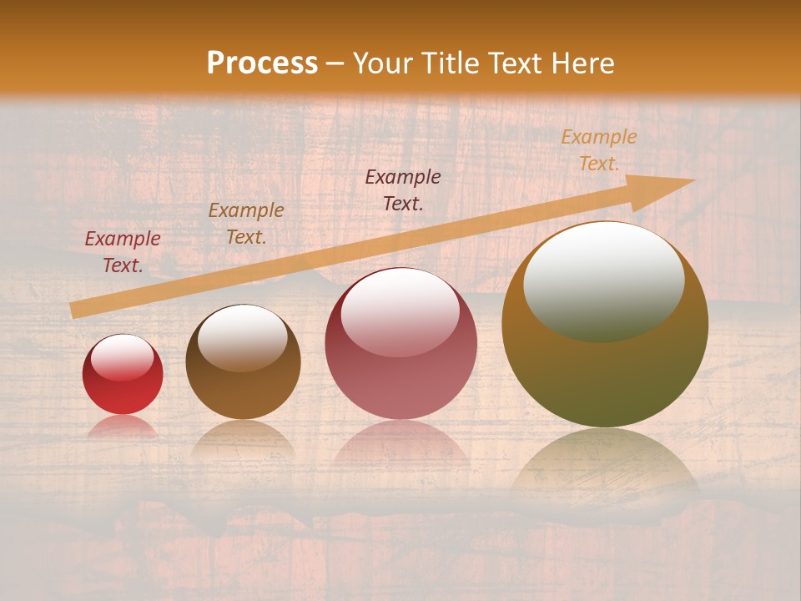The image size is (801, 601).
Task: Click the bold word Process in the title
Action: tap(262, 63)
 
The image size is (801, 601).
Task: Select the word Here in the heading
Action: tap(582, 63)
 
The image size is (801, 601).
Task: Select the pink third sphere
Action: tap(401, 367)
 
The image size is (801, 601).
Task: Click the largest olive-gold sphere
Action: tap(605, 351)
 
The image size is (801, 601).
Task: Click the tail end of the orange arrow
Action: tap(75, 310)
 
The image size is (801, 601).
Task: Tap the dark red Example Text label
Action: tap(123, 252)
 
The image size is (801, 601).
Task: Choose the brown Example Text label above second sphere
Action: tap(246, 224)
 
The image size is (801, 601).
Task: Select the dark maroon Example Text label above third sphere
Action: tap(403, 189)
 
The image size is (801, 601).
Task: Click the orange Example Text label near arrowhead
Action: tap(598, 150)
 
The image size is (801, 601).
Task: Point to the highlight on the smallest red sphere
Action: tap(123, 356)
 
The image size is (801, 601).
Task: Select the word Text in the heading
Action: tap(516, 63)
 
